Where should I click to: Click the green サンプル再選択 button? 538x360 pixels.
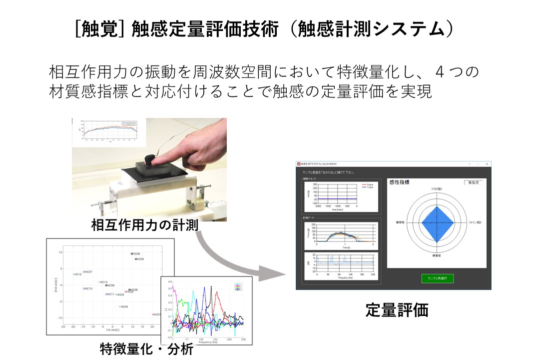click(x=437, y=278)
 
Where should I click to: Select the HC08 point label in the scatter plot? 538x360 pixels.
click(x=135, y=254)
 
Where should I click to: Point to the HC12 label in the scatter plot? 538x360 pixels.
click(x=77, y=274)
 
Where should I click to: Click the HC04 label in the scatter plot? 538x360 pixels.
click(x=123, y=306)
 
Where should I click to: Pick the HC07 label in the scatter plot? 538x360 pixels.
click(x=87, y=271)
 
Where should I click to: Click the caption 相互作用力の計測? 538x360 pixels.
click(x=144, y=225)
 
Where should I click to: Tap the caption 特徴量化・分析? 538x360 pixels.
click(x=146, y=348)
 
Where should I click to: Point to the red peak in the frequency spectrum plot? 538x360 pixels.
click(x=217, y=295)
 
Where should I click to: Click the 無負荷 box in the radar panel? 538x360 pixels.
click(x=474, y=182)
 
